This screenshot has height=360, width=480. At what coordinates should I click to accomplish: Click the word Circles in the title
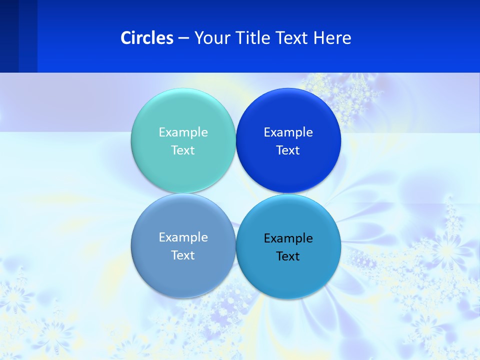pos(147,38)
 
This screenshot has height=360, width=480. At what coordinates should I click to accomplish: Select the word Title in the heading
pos(254,38)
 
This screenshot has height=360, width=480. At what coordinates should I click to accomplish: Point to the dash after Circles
pos(183,38)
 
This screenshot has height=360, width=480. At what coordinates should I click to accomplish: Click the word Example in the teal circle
pos(183,132)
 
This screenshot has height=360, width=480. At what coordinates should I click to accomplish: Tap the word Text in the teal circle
pos(183,150)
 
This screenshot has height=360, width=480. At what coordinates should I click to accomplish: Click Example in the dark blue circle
pos(288,132)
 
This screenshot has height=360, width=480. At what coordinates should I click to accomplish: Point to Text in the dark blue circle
pos(288,150)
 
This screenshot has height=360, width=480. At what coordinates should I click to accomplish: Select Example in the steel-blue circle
pos(183,237)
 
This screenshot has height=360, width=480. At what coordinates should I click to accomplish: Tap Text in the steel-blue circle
pos(183,255)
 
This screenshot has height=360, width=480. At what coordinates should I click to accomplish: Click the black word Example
pos(288,238)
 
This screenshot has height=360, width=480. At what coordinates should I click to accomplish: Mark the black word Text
pos(288,256)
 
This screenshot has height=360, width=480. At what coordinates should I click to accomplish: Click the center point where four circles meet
pos(235,193)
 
